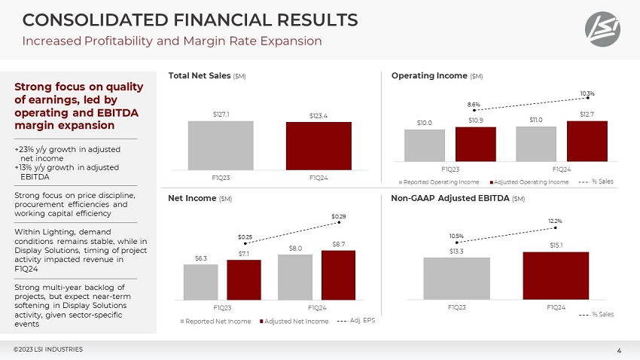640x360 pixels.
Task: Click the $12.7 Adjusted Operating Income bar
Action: tap(587, 141)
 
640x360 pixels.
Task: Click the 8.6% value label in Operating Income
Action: tap(474, 104)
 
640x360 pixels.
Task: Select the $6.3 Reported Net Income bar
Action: tap(200, 282)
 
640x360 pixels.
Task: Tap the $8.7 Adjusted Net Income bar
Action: tap(338, 275)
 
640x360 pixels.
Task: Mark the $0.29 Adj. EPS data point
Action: tap(340, 221)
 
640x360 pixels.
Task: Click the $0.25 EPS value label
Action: tap(245, 236)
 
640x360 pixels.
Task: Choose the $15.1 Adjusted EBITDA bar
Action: tap(556, 275)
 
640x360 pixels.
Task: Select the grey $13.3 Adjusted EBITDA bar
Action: tap(456, 278)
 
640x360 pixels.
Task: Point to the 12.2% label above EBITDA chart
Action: tap(555, 221)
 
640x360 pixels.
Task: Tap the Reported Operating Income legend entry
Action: tap(441, 182)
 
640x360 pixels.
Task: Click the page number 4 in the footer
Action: tap(618, 350)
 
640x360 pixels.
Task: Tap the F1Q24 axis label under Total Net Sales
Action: tap(318, 177)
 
